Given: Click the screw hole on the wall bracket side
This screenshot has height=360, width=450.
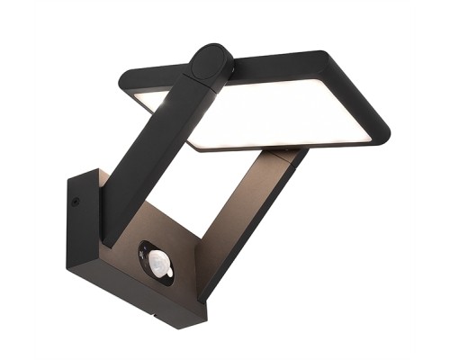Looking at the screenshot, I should pyautogui.click(x=76, y=202).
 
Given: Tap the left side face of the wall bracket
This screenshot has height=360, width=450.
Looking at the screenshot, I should pyautogui.click(x=81, y=234).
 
